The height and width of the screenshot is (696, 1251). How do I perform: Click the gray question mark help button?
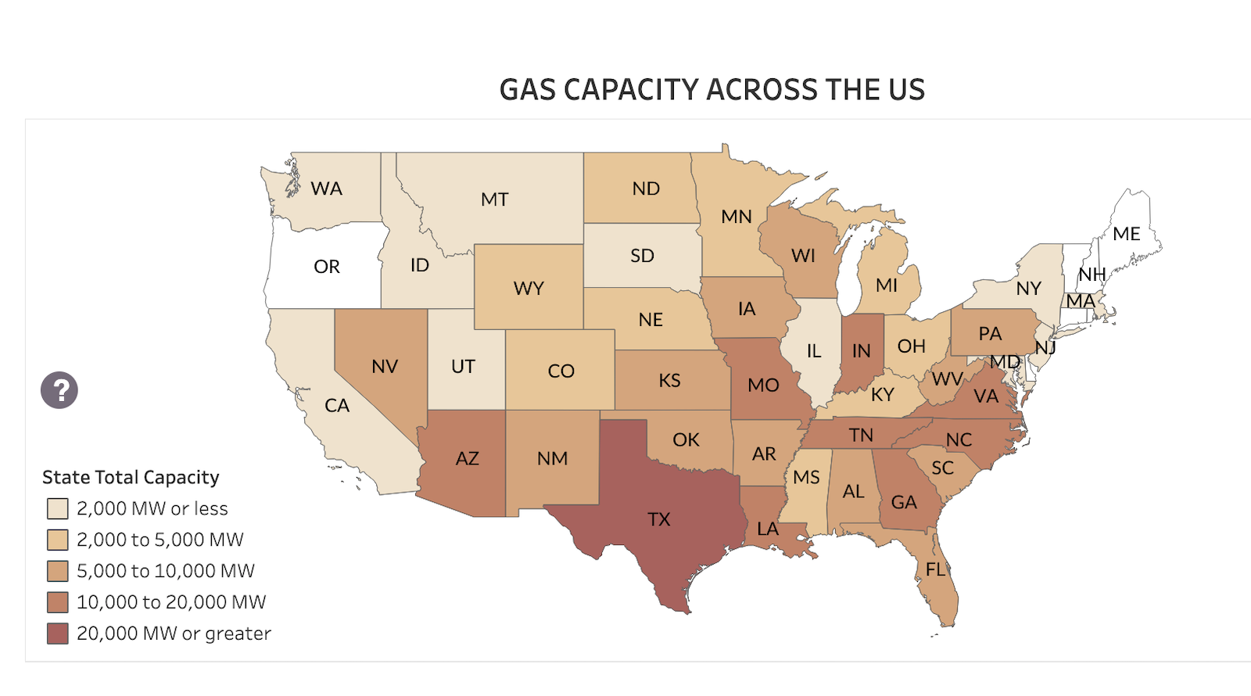click(59, 389)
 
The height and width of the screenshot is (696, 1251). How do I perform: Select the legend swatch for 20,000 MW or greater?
click(57, 633)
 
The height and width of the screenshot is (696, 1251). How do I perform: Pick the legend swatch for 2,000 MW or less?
click(57, 509)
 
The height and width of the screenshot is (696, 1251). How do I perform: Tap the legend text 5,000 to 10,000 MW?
click(166, 571)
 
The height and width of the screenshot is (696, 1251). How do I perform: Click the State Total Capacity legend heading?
click(131, 477)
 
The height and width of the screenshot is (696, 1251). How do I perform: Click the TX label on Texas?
click(659, 519)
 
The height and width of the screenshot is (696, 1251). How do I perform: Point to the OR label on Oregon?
click(327, 267)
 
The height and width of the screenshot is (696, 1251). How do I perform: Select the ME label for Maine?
click(1127, 234)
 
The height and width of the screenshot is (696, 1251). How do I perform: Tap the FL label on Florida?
click(936, 569)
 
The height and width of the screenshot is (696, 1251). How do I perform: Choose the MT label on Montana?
click(495, 199)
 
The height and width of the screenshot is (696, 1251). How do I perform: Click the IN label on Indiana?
click(862, 351)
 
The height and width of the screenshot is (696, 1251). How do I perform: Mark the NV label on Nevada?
click(385, 367)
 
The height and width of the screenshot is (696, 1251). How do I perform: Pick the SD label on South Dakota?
click(642, 256)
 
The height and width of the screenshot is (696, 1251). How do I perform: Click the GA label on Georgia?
click(904, 502)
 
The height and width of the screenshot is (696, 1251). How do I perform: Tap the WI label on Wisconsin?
click(803, 256)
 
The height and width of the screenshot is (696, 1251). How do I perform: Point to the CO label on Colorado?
click(561, 371)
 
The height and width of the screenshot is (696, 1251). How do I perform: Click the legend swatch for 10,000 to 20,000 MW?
click(57, 602)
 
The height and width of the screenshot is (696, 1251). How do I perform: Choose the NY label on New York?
click(1029, 289)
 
